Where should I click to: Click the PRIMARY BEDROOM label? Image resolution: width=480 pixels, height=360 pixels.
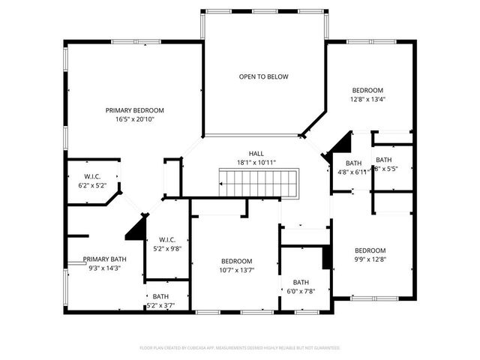click(134, 110)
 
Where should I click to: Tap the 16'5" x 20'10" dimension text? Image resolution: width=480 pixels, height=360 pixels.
click(134, 119)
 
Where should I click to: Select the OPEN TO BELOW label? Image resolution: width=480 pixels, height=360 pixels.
click(263, 76)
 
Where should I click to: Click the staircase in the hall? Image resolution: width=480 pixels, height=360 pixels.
click(258, 181)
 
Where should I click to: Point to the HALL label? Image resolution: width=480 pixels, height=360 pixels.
click(256, 154)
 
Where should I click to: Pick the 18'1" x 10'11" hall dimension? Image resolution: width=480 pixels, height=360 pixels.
click(256, 163)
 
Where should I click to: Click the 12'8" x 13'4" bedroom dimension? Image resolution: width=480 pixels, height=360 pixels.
click(368, 98)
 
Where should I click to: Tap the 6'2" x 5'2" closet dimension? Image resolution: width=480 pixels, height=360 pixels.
click(93, 184)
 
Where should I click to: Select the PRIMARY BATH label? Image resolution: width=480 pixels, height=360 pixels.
click(105, 259)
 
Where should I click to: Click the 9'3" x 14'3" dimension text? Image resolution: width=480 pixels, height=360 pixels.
click(105, 268)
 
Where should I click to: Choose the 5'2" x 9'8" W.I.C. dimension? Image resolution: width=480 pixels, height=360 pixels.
click(167, 248)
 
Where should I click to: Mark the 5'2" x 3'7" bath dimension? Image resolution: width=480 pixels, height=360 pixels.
click(162, 305)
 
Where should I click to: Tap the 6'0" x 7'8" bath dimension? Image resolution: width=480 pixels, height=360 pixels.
click(301, 291)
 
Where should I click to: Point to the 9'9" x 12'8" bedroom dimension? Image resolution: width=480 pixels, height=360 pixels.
click(370, 259)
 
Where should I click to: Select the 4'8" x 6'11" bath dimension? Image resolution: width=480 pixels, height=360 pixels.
click(352, 172)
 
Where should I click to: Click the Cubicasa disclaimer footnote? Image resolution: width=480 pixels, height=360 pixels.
click(240, 348)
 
